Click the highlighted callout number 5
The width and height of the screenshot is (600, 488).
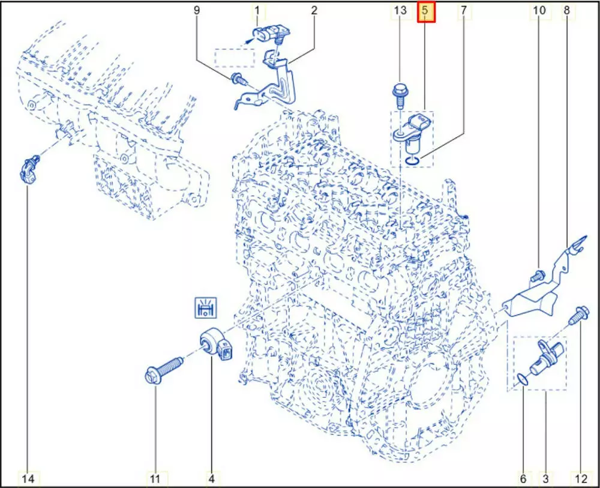(425, 11)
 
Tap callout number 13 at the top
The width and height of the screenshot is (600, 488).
(400, 10)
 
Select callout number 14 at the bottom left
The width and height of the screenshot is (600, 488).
(28, 478)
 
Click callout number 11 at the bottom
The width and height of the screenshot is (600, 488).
(154, 478)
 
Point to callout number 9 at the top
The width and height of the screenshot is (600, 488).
(197, 10)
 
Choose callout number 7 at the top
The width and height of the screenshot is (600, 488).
(464, 10)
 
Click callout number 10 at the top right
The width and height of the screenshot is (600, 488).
(539, 10)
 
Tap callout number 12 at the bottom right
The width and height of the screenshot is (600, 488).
(581, 478)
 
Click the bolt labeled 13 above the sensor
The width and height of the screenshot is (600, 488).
(399, 95)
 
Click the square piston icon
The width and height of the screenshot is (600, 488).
(205, 308)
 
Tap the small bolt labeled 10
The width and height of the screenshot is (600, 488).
(537, 276)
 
